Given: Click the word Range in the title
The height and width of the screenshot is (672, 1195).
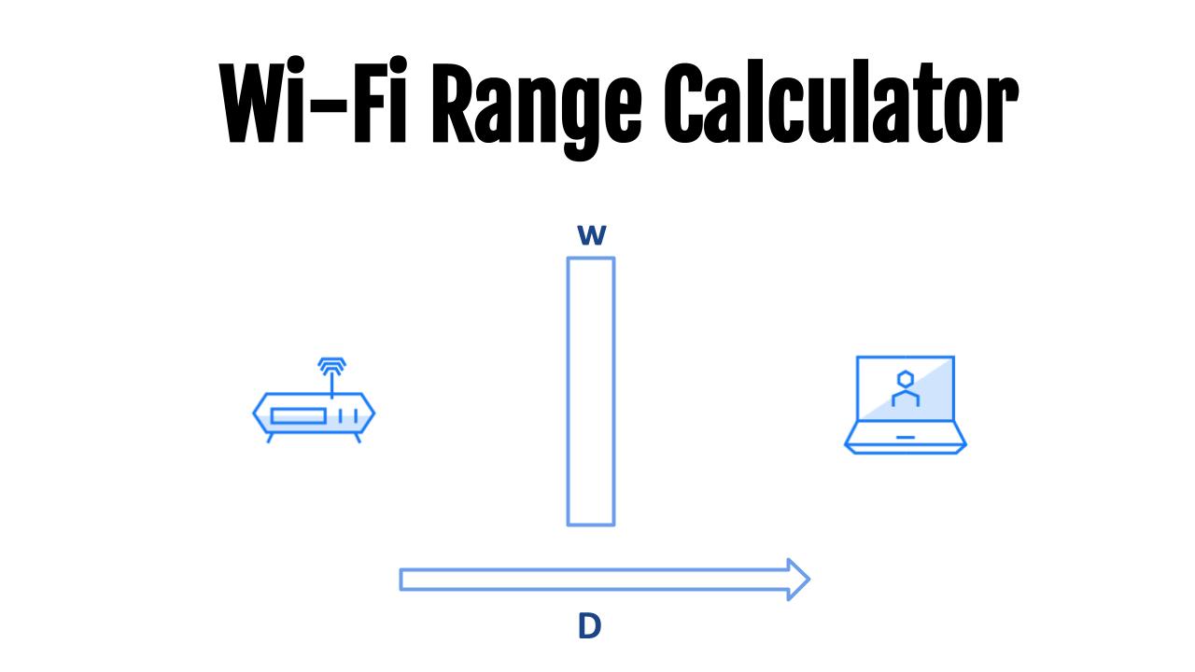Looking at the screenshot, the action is click(x=536, y=109).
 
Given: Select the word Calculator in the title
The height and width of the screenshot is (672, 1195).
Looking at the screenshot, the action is click(x=841, y=102).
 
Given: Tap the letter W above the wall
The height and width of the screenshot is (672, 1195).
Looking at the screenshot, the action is click(x=592, y=234).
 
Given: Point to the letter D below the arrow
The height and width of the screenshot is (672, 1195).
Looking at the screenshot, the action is click(x=589, y=626).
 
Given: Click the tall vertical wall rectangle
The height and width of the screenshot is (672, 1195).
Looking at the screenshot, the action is click(x=568, y=392).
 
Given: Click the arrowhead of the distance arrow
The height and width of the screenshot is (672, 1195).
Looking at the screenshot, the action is click(x=798, y=580).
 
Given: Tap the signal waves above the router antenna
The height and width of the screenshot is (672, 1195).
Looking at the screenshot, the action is click(x=331, y=365).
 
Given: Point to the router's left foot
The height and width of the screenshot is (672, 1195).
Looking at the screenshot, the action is click(x=270, y=438).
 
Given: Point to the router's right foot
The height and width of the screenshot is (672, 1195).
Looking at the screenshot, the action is click(x=358, y=438).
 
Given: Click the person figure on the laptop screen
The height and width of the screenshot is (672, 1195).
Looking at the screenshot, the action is click(x=906, y=388).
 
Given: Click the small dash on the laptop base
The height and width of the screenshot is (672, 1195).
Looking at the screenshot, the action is click(x=906, y=438).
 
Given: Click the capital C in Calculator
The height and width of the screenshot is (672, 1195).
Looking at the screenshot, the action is click(x=682, y=102).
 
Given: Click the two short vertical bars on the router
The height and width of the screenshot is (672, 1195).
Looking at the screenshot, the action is click(x=348, y=416).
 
